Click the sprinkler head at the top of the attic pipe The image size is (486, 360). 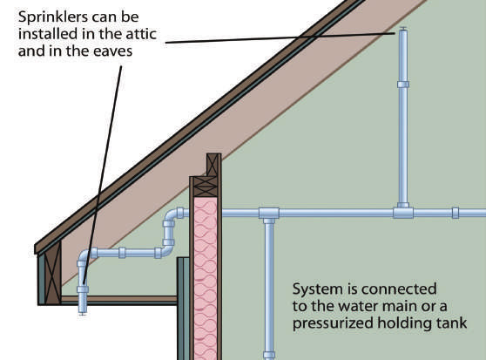[x=402, y=31]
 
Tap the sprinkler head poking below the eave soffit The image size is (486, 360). [x=82, y=309]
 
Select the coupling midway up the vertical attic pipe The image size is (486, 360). [x=402, y=85]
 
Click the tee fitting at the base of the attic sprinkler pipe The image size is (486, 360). [x=402, y=212]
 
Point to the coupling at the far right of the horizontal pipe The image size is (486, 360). [x=455, y=213]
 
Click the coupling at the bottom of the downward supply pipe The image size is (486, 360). [x=268, y=354]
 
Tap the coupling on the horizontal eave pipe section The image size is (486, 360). [x=122, y=253]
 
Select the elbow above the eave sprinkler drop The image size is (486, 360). [x=83, y=257]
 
